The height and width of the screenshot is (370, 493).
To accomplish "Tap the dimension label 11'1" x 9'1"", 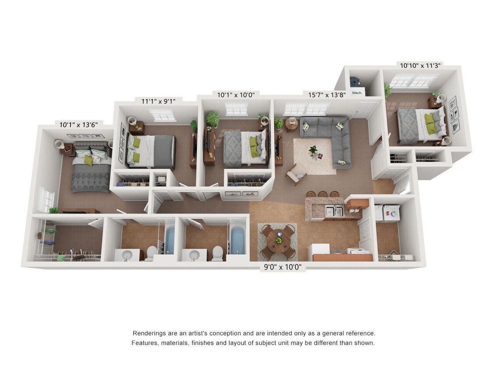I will (158, 102).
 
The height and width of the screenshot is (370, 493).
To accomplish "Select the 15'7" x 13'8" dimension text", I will (326, 95).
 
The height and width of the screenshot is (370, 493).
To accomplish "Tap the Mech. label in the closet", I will (357, 92).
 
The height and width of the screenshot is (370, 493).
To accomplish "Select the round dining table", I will (277, 240).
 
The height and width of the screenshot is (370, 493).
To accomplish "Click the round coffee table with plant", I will (313, 153).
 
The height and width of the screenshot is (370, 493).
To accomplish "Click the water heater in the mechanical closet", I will (355, 82).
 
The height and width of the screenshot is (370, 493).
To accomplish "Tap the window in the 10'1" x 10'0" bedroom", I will (236, 109).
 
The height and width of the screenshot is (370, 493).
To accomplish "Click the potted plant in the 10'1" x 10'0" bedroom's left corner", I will (213, 119).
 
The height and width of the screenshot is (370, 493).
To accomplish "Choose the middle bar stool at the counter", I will (323, 194).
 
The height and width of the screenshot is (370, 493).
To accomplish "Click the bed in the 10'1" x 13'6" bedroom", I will (90, 169).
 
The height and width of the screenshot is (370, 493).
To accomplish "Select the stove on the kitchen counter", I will (359, 252).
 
